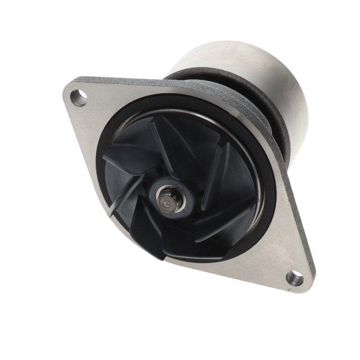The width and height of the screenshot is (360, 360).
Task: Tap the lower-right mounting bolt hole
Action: pyautogui.click(x=294, y=278)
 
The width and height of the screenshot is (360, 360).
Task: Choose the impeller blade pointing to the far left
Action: pyautogui.click(x=121, y=163)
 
